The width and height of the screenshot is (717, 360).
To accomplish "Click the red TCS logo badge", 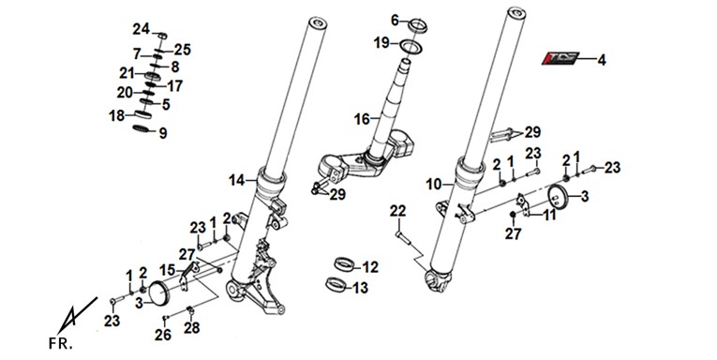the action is coord(560,58).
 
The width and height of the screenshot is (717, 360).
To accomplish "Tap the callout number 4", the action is coord(602,60).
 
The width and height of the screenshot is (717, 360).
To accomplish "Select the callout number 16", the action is coord(362,119).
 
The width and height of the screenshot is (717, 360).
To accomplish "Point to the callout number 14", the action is coord(237,181).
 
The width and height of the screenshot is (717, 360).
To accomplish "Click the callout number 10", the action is coord(434,185).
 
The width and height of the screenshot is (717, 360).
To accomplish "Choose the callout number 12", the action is coord(370,266).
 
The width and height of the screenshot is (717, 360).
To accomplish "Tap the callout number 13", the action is coord(360,288).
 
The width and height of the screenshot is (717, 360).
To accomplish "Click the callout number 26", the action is coord(163,335).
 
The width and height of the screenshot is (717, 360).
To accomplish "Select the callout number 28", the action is coord(192,327).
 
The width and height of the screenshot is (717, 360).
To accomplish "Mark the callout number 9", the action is coord(163,133).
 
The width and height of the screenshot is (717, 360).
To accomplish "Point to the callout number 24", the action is coord(142,29).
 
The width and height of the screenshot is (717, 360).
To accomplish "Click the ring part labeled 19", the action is coord(411,47).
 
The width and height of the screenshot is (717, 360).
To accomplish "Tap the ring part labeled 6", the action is coord(417,25).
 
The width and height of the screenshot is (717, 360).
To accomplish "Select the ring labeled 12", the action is coord(345,263).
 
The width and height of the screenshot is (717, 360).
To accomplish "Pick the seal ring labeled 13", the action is coord(336,284).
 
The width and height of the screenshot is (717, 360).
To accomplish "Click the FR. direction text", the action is coord(60,344).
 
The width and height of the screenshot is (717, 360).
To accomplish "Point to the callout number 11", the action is coord(549,214).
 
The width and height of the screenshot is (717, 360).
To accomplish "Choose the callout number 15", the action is coord(167,270).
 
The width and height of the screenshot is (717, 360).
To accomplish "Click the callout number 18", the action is coord(116,115).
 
